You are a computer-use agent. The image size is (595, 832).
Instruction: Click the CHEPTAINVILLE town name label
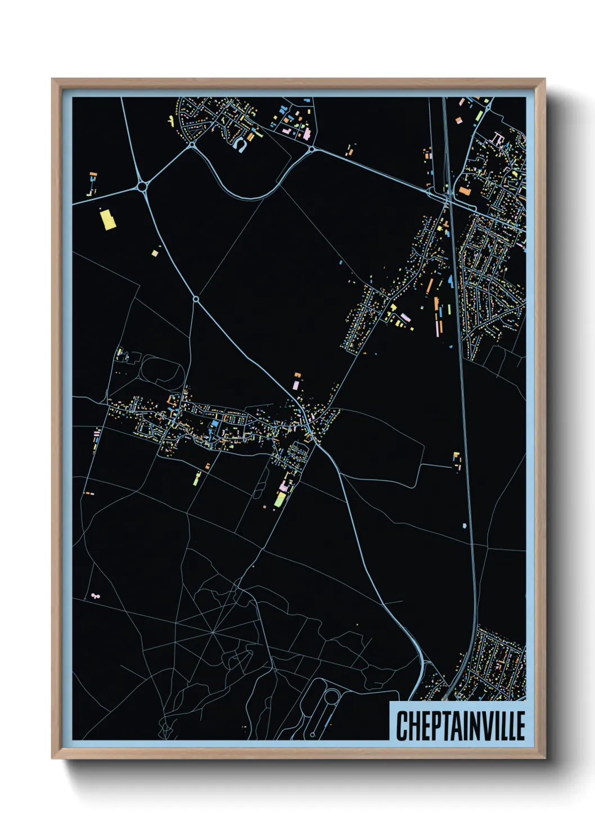(x=460, y=726)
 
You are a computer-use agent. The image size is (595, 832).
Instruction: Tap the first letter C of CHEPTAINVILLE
(x=402, y=726)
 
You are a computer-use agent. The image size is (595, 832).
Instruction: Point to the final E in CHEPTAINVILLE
(x=520, y=726)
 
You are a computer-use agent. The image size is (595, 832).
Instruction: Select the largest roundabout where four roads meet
(x=142, y=185)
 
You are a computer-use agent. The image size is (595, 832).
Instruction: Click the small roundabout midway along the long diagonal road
(x=196, y=299)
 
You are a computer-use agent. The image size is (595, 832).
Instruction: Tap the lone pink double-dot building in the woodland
(x=94, y=595)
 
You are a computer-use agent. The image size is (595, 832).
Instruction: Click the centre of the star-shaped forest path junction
(x=214, y=634)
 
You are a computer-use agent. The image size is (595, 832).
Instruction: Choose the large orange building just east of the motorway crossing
(x=465, y=192)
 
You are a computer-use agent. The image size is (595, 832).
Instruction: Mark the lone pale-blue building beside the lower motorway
(x=465, y=526)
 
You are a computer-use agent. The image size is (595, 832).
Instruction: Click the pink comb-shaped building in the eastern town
(x=497, y=138)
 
